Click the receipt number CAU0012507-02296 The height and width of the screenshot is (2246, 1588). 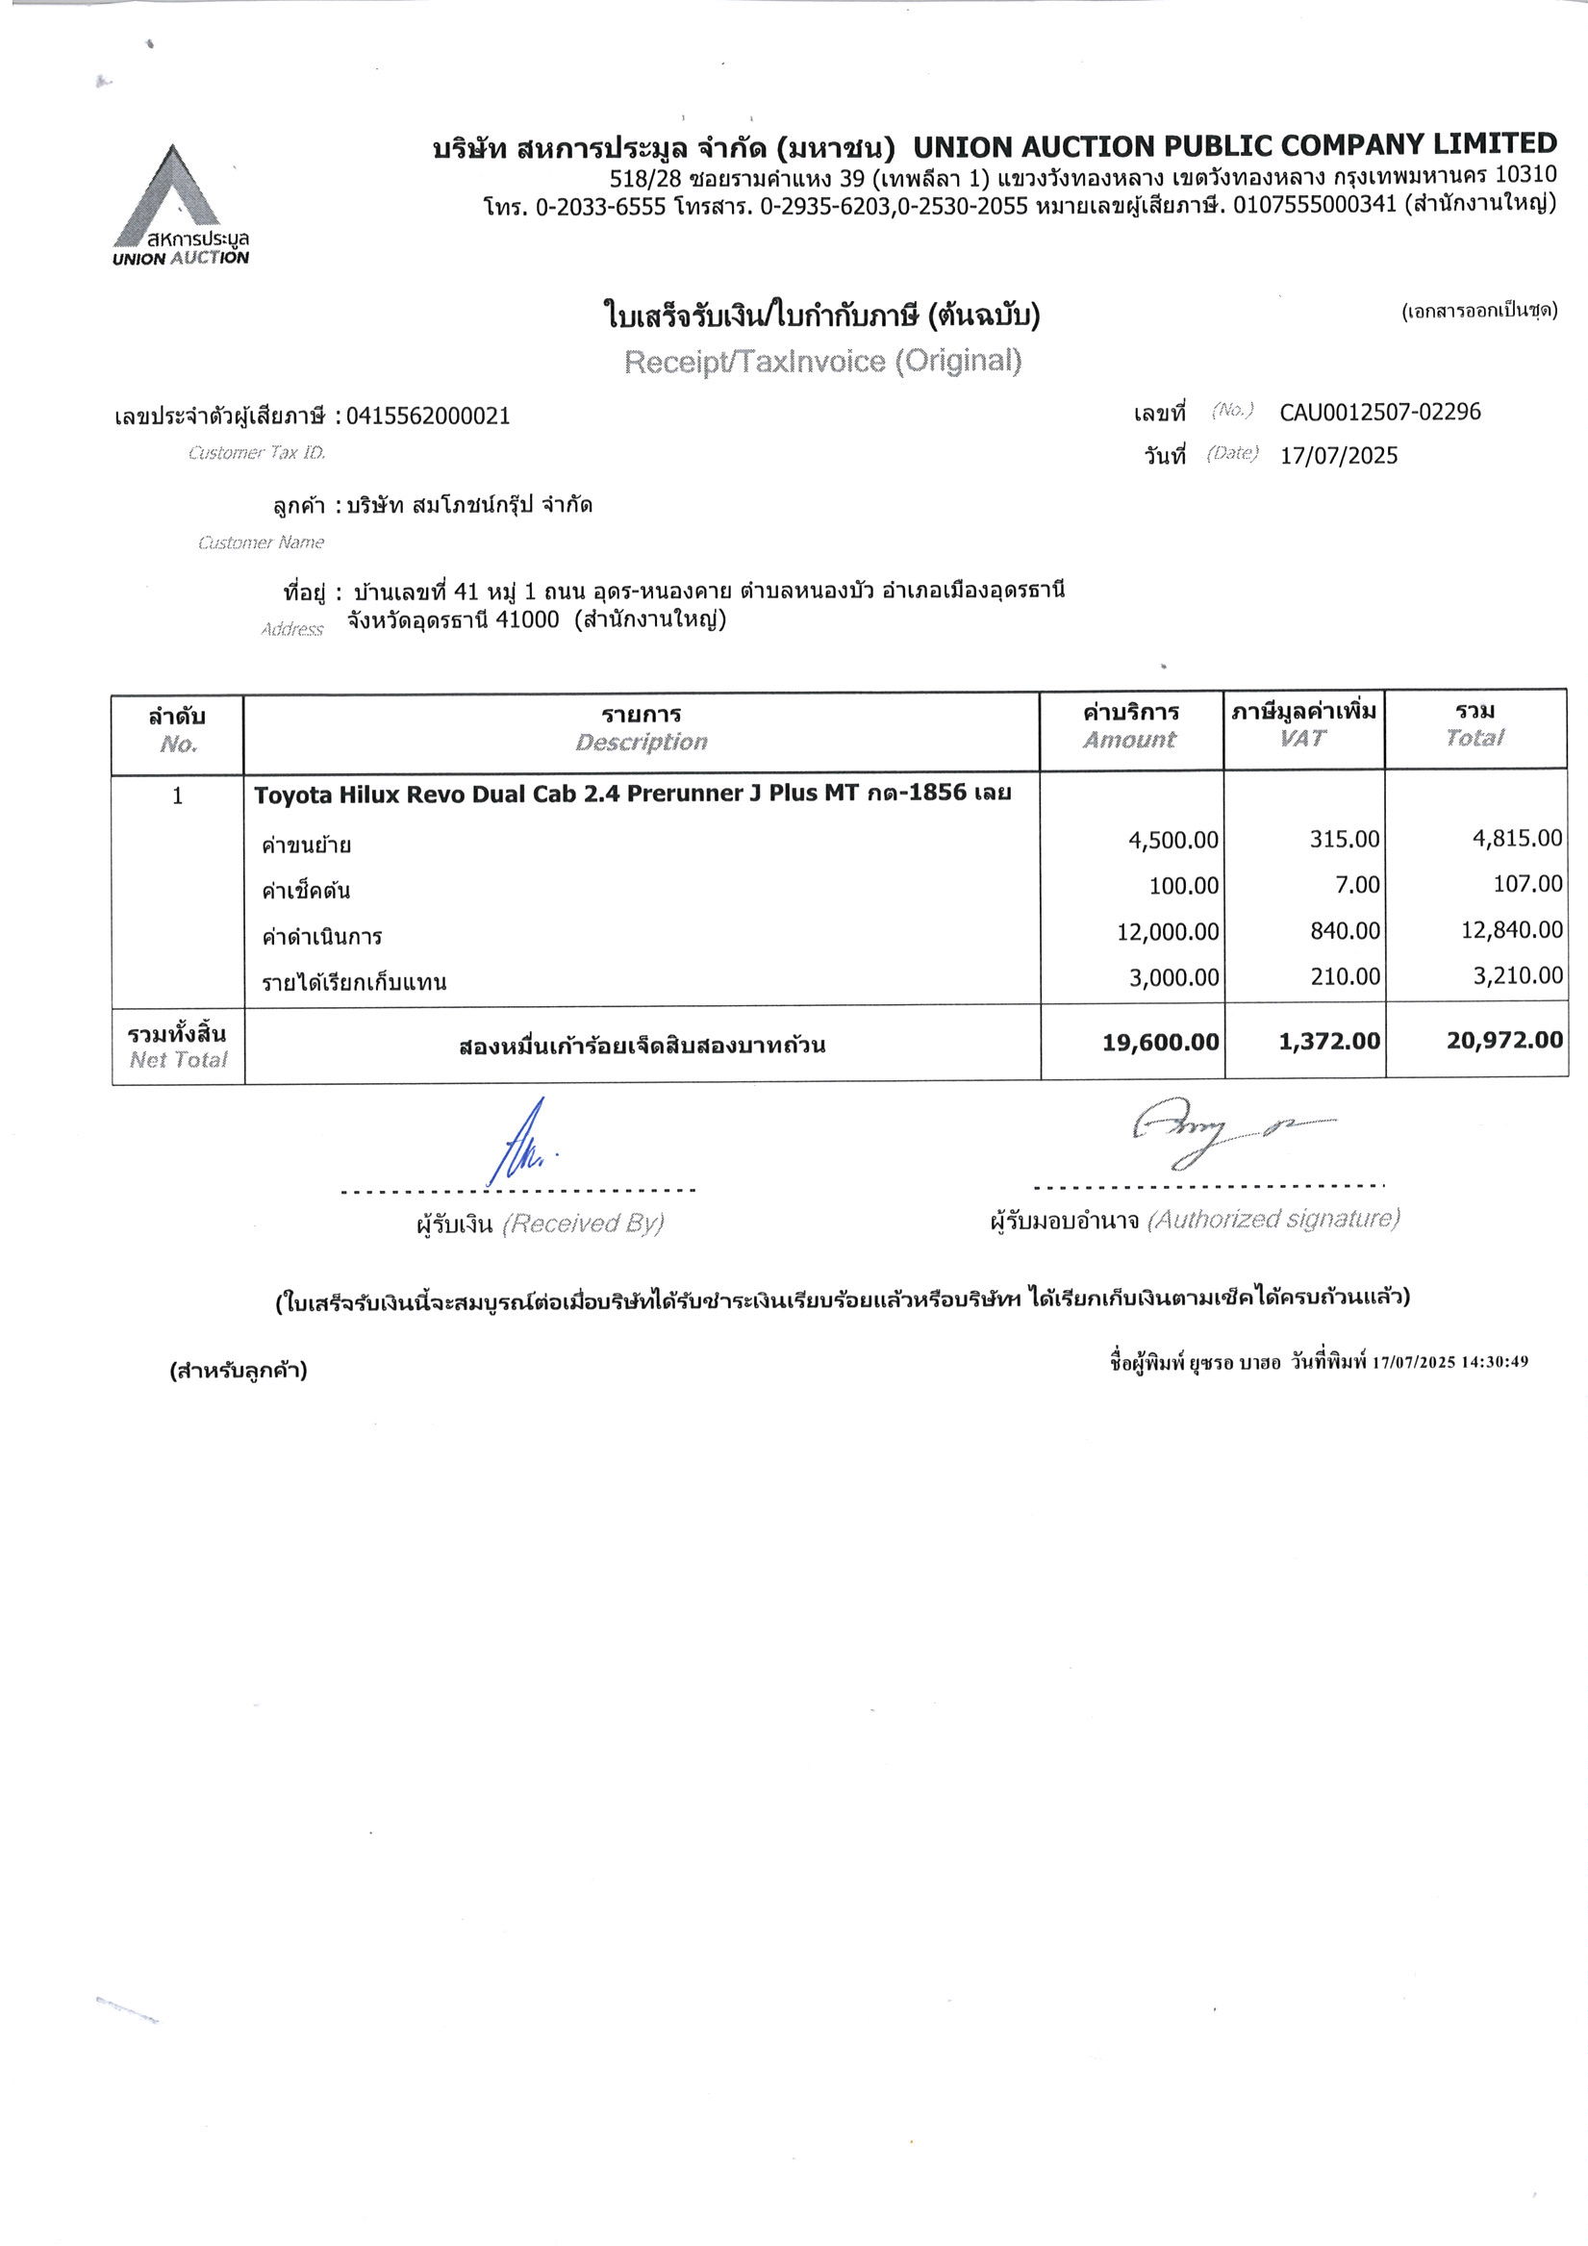1379,412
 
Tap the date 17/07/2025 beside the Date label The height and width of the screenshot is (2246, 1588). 1339,456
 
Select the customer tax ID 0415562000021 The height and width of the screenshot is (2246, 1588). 428,416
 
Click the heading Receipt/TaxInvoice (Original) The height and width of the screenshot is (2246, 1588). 823,362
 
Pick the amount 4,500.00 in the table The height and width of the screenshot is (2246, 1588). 1173,840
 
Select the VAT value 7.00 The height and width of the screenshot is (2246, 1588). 1357,885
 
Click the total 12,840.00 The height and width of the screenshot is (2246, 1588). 1512,930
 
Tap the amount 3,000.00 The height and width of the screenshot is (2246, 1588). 1173,977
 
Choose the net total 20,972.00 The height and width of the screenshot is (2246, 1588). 1505,1040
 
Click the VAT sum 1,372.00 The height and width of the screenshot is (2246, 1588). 1329,1042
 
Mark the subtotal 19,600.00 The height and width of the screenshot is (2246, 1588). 1160,1043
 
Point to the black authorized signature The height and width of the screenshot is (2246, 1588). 1223,1135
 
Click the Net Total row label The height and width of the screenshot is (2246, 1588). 177,1046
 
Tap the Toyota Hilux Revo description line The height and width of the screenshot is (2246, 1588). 632,794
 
